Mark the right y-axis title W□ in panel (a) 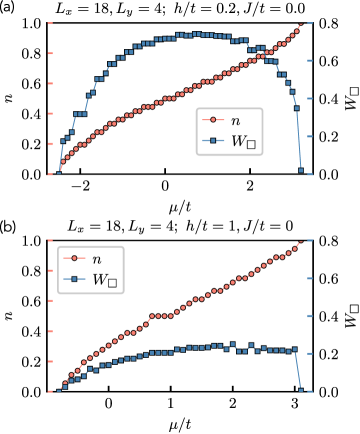350,98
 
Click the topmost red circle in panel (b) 308,241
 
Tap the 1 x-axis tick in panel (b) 171,405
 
